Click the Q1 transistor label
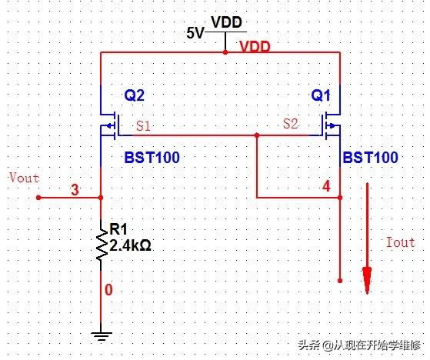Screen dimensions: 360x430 [x=322, y=96]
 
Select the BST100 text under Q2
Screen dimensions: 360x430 [x=152, y=158]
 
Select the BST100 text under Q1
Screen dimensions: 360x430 [x=370, y=158]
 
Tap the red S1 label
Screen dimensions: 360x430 [x=143, y=125]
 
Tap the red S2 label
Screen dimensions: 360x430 [x=291, y=123]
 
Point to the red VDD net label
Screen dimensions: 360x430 [x=255, y=47]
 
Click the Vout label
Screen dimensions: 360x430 [x=23, y=178]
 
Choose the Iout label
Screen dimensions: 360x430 [x=399, y=242]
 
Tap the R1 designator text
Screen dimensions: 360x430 [x=118, y=229]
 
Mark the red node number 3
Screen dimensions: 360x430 [x=75, y=189]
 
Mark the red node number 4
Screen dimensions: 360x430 [x=326, y=186]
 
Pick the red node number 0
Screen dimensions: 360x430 [x=108, y=290]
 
